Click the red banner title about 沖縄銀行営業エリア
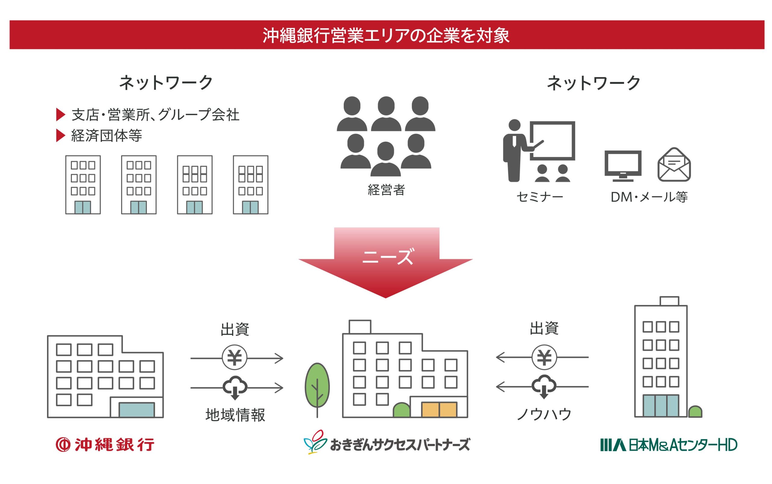point(386,35)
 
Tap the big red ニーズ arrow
point(386,262)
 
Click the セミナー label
point(539,197)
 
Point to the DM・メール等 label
point(649,197)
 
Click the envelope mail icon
point(674,165)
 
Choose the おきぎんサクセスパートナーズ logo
point(387,443)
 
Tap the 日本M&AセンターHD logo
point(668,444)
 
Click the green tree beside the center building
point(317,385)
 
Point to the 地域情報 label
point(235,415)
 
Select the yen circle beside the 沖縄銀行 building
point(234,357)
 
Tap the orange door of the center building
point(439,410)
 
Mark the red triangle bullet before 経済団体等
point(60,136)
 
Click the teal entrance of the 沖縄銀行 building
point(137,410)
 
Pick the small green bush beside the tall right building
point(695,412)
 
